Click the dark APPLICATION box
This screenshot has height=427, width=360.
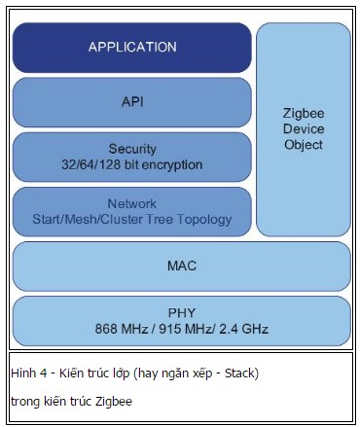pyautogui.click(x=132, y=47)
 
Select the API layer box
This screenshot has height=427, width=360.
pyautogui.click(x=132, y=101)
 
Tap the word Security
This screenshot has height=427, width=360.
pyautogui.click(x=132, y=150)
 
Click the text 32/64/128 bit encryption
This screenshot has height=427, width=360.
pyautogui.click(x=132, y=164)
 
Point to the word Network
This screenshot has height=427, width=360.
pyautogui.click(x=132, y=204)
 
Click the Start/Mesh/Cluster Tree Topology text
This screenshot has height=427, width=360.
pyautogui.click(x=132, y=219)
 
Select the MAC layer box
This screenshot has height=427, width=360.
pyautogui.click(x=181, y=266)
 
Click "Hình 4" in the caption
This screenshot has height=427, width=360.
pyautogui.click(x=28, y=374)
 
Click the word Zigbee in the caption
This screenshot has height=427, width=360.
pyautogui.click(x=112, y=401)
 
